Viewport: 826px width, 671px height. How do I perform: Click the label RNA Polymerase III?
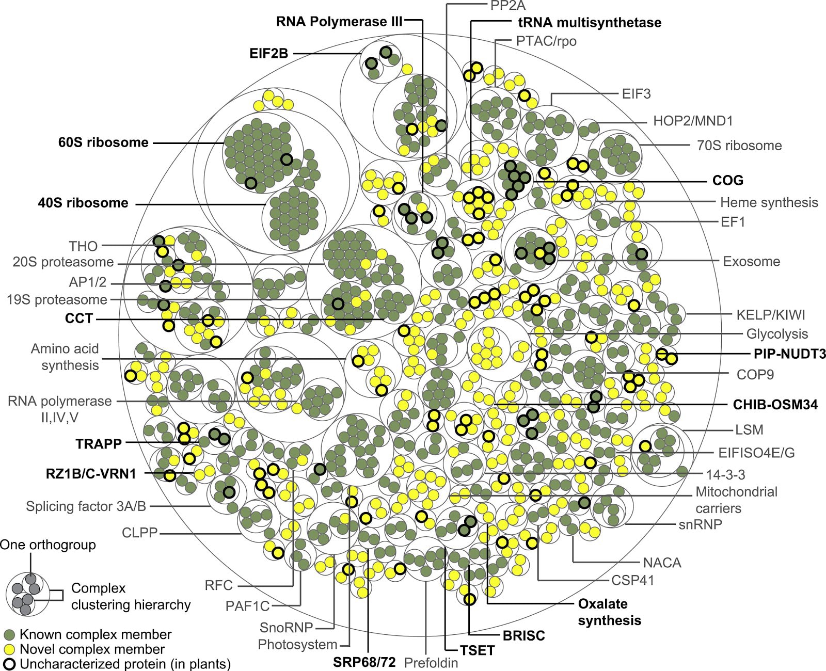tap(339, 22)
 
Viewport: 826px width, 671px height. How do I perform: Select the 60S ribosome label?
tap(103, 142)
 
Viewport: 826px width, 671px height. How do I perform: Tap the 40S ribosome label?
tap(83, 203)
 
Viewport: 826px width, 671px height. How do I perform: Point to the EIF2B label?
tap(268, 53)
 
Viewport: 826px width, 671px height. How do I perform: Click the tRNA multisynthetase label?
tap(590, 23)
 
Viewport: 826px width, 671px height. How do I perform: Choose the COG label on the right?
tap(727, 180)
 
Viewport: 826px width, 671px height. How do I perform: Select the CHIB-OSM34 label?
tap(775, 405)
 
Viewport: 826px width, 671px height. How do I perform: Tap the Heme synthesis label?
tap(769, 202)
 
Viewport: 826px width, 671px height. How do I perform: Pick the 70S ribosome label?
tap(739, 146)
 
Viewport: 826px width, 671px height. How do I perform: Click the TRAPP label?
tap(99, 443)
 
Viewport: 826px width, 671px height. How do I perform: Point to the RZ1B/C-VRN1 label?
tap(91, 473)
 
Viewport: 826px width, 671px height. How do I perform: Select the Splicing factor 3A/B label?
tap(86, 506)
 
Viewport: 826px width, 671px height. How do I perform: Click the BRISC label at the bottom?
tap(523, 635)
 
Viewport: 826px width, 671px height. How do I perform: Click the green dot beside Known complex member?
tap(9, 634)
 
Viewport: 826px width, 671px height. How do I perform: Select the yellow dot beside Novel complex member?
tap(9, 649)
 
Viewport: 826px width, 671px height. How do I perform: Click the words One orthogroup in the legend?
tap(47, 545)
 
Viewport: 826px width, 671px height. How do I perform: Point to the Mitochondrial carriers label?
tap(736, 500)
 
